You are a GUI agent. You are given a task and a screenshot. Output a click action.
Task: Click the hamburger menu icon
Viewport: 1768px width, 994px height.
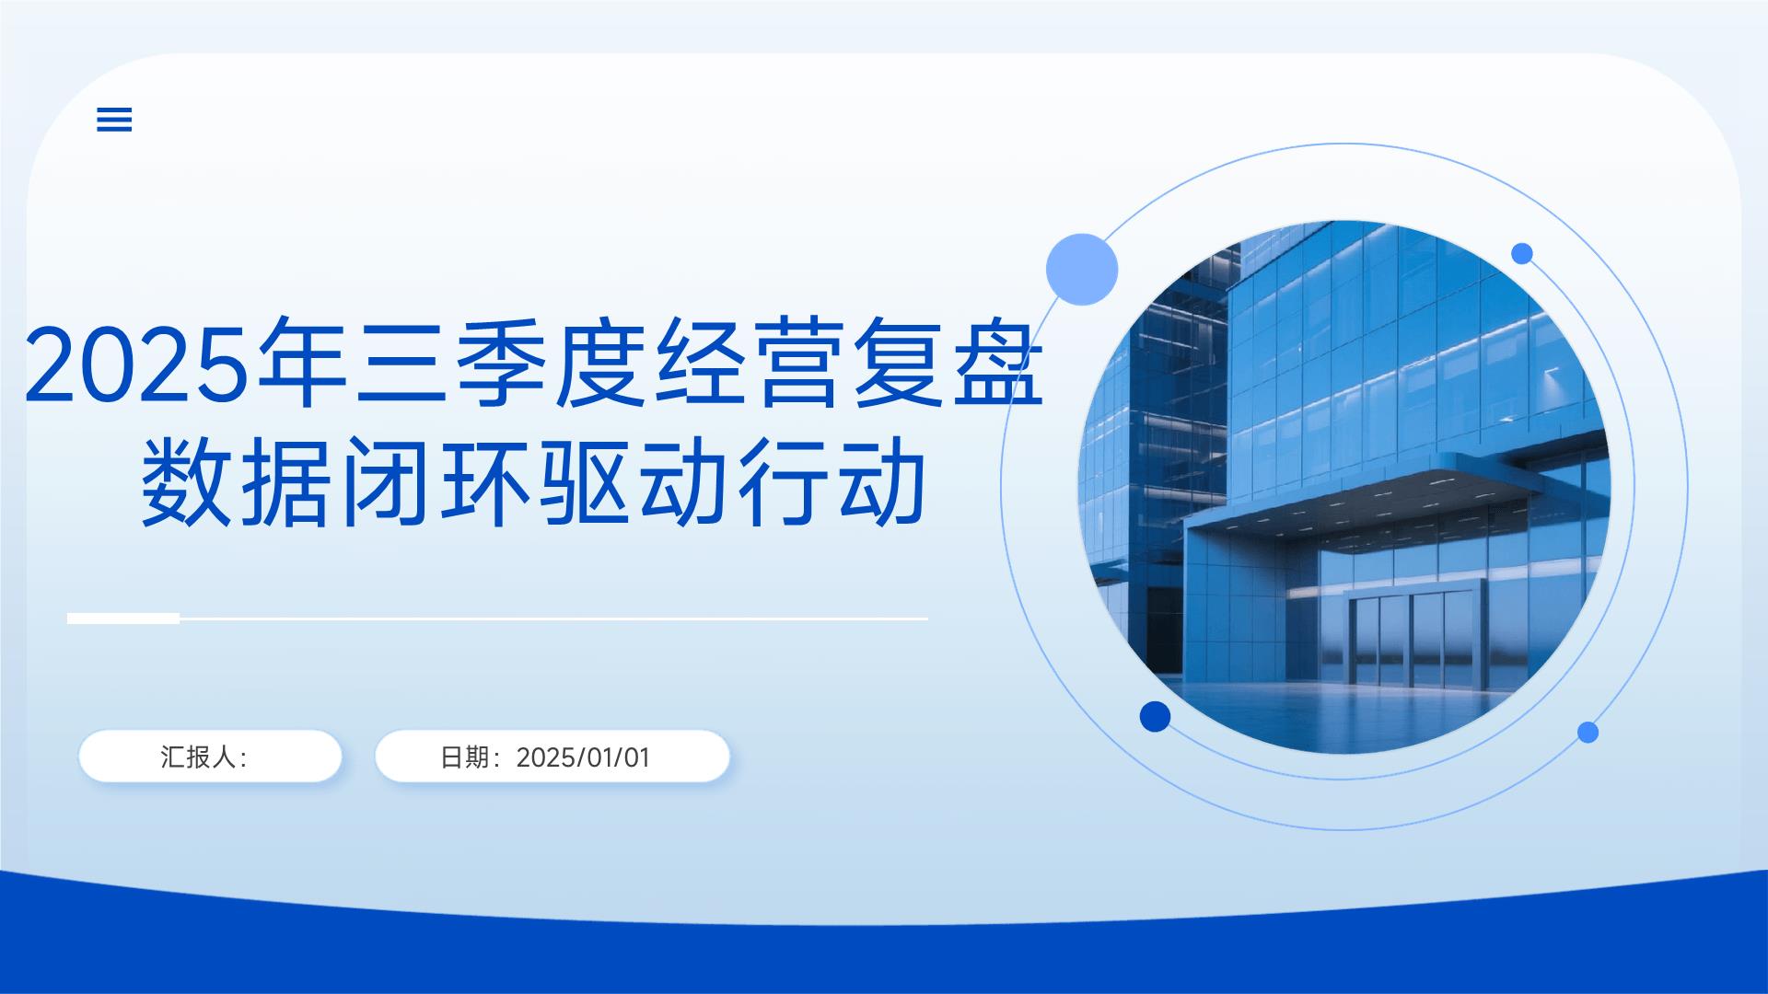[x=114, y=120]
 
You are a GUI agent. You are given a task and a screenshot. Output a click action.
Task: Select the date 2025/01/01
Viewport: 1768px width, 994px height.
[x=583, y=757]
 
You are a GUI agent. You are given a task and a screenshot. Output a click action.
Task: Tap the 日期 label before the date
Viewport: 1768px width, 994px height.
[x=464, y=757]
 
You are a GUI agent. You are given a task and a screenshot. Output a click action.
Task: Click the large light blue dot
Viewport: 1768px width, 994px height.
[x=1082, y=269]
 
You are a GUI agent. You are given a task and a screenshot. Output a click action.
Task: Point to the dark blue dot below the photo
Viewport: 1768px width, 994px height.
[x=1155, y=716]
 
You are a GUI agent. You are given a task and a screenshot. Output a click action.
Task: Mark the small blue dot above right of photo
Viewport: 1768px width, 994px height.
[x=1522, y=253]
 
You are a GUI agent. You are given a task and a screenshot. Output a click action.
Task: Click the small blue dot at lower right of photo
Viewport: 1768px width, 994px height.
[x=1588, y=733]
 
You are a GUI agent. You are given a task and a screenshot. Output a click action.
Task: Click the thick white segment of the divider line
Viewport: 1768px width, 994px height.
[x=123, y=618]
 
